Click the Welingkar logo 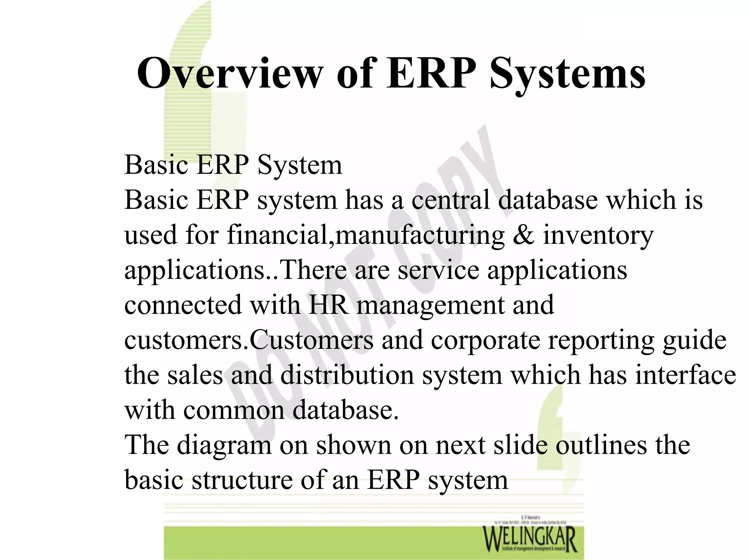coord(530,538)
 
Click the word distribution coord(347,375)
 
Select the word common coord(234,410)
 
